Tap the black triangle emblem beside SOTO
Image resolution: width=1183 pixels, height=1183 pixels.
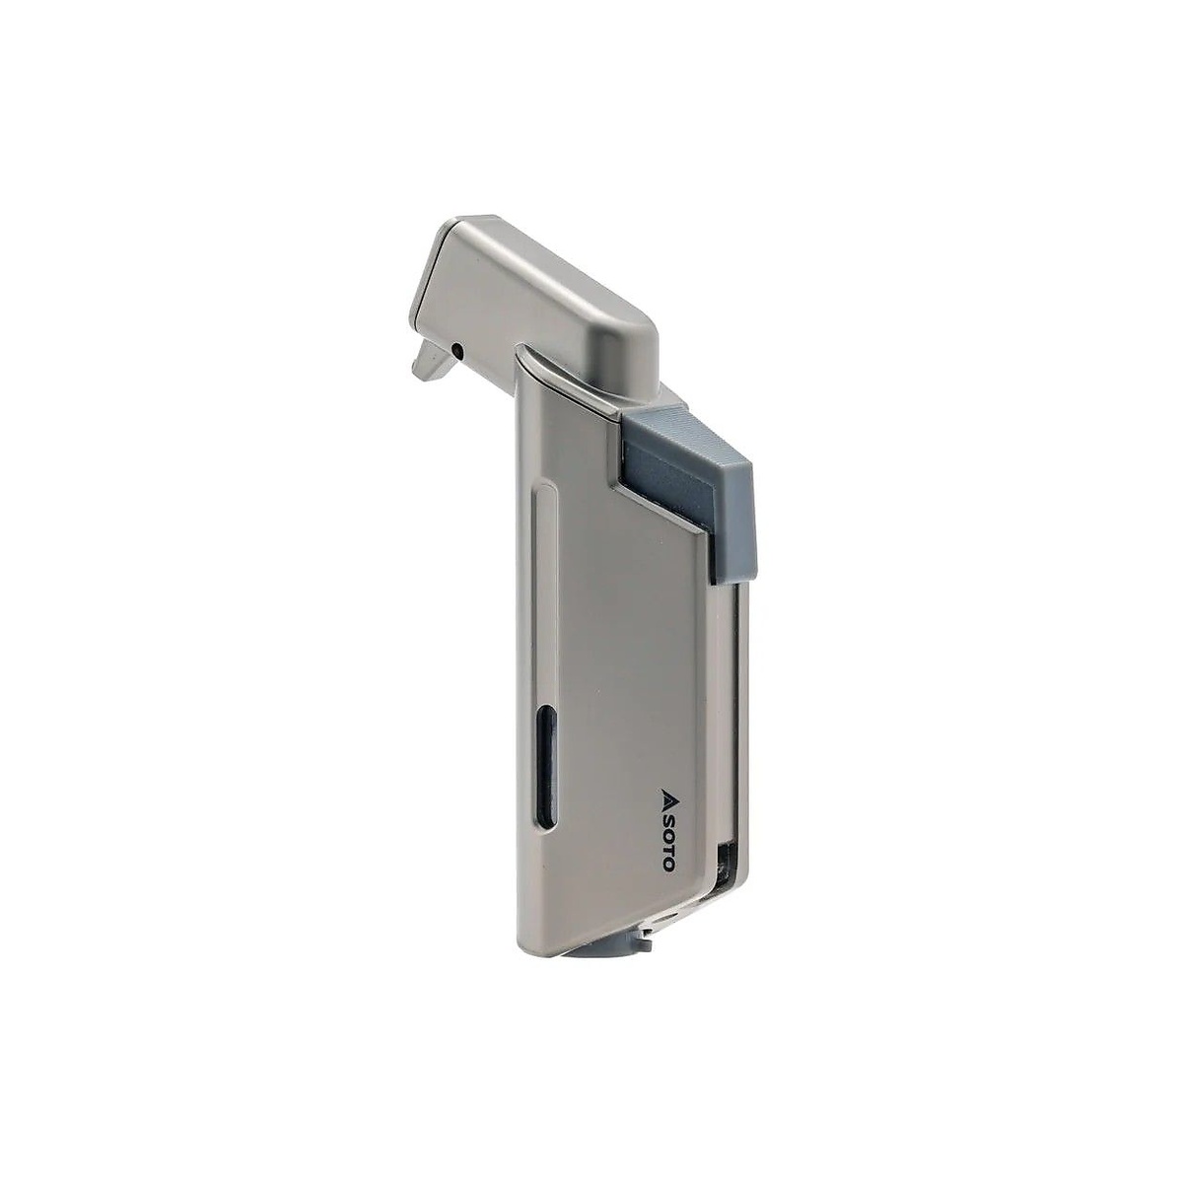[666, 795]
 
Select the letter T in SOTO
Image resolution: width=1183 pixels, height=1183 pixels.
[666, 845]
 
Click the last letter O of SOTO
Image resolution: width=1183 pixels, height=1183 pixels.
[666, 862]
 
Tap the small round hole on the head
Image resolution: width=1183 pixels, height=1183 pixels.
[456, 349]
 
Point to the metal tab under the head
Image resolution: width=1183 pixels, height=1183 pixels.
[433, 361]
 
